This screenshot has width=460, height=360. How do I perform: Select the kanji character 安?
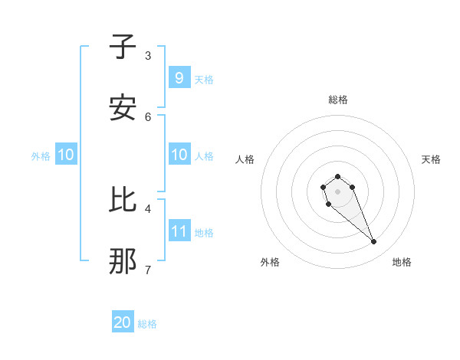pyautogui.click(x=123, y=108)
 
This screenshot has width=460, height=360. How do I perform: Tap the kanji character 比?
pyautogui.click(x=123, y=200)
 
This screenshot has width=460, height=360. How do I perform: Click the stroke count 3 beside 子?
pyautogui.click(x=148, y=55)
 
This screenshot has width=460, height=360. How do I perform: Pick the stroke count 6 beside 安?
pyautogui.click(x=148, y=116)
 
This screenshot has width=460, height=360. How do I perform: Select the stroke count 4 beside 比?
pyautogui.click(x=148, y=208)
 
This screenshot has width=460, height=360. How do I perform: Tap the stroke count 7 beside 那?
pyautogui.click(x=148, y=270)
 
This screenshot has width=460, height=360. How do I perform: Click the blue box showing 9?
pyautogui.click(x=179, y=77)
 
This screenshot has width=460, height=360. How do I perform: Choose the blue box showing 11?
pyautogui.click(x=179, y=231)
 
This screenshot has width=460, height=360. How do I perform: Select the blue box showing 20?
pyautogui.click(x=123, y=322)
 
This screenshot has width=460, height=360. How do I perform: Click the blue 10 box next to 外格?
pyautogui.click(x=65, y=155)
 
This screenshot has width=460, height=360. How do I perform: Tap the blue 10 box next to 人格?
pyautogui.click(x=179, y=154)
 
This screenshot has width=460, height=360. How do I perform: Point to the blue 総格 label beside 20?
pyautogui.click(x=147, y=324)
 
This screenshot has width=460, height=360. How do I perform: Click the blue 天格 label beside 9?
pyautogui.click(x=203, y=79)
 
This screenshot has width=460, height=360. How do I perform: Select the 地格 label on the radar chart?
pyautogui.click(x=402, y=263)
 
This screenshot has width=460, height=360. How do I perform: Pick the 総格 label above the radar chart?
pyautogui.click(x=338, y=100)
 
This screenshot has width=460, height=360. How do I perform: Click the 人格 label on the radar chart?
pyautogui.click(x=245, y=159)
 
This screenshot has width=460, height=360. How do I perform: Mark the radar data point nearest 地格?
pyautogui.click(x=373, y=242)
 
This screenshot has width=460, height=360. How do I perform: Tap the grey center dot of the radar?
pyautogui.click(x=337, y=191)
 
